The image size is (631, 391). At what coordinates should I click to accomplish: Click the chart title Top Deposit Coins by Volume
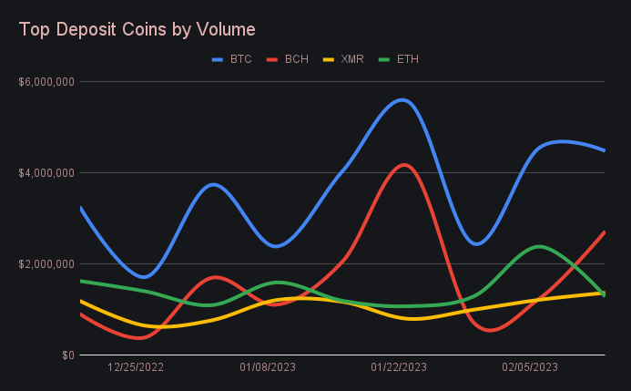pyautogui.click(x=137, y=29)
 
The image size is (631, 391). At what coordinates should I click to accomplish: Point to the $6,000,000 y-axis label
pyautogui.click(x=46, y=81)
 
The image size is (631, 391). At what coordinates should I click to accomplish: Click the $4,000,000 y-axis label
pyautogui.click(x=46, y=172)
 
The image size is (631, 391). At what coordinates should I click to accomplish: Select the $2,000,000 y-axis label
pyautogui.click(x=46, y=263)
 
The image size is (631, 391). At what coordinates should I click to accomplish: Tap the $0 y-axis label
pyautogui.click(x=66, y=355)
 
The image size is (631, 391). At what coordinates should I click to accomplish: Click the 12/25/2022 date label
pyautogui.click(x=136, y=367)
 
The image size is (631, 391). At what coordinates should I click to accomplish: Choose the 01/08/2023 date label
pyautogui.click(x=268, y=367)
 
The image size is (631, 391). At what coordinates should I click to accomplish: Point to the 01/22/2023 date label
pyautogui.click(x=399, y=367)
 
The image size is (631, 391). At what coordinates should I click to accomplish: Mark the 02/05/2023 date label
pyautogui.click(x=530, y=367)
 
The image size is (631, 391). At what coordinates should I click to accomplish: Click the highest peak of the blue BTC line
pyautogui.click(x=402, y=99)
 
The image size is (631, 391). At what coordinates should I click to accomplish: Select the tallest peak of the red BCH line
pyautogui.click(x=402, y=165)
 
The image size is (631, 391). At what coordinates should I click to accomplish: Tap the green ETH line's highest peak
pyautogui.click(x=539, y=246)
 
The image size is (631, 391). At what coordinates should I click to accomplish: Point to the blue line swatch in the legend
pyautogui.click(x=218, y=59)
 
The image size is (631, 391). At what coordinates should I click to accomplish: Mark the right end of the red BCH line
pyautogui.click(x=605, y=232)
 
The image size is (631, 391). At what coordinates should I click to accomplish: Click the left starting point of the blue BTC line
pyautogui.click(x=81, y=208)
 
